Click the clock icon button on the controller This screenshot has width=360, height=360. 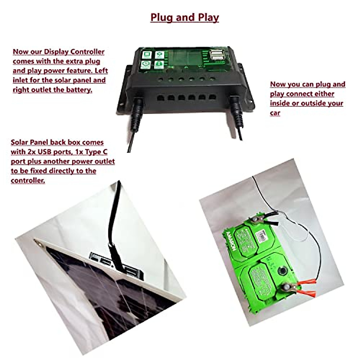click(146, 64)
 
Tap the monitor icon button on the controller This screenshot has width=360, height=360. click(147, 55)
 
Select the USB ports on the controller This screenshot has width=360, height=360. click(217, 56)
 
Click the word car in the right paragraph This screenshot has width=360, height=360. click(275, 113)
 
